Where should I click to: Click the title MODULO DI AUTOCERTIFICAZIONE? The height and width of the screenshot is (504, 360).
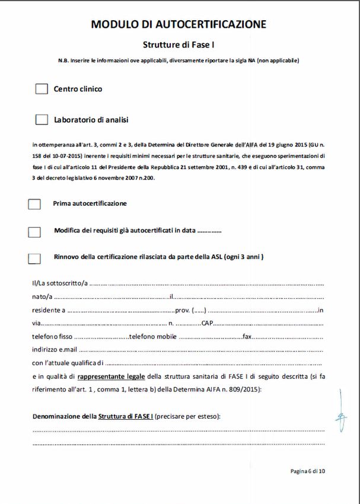coord(179,24)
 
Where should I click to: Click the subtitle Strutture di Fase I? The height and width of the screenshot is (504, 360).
coord(179,44)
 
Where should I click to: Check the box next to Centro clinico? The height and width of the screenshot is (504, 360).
coord(42,89)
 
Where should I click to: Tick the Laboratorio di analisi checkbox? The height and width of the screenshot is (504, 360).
coord(42,120)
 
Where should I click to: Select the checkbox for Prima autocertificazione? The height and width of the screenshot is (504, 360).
coord(34,204)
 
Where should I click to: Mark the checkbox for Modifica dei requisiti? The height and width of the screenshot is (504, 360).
coord(34,232)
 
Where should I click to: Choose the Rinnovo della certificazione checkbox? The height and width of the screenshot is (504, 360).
coord(34,258)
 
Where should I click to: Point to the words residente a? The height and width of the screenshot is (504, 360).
coord(49,310)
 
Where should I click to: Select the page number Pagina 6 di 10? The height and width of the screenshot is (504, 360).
coord(307,471)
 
